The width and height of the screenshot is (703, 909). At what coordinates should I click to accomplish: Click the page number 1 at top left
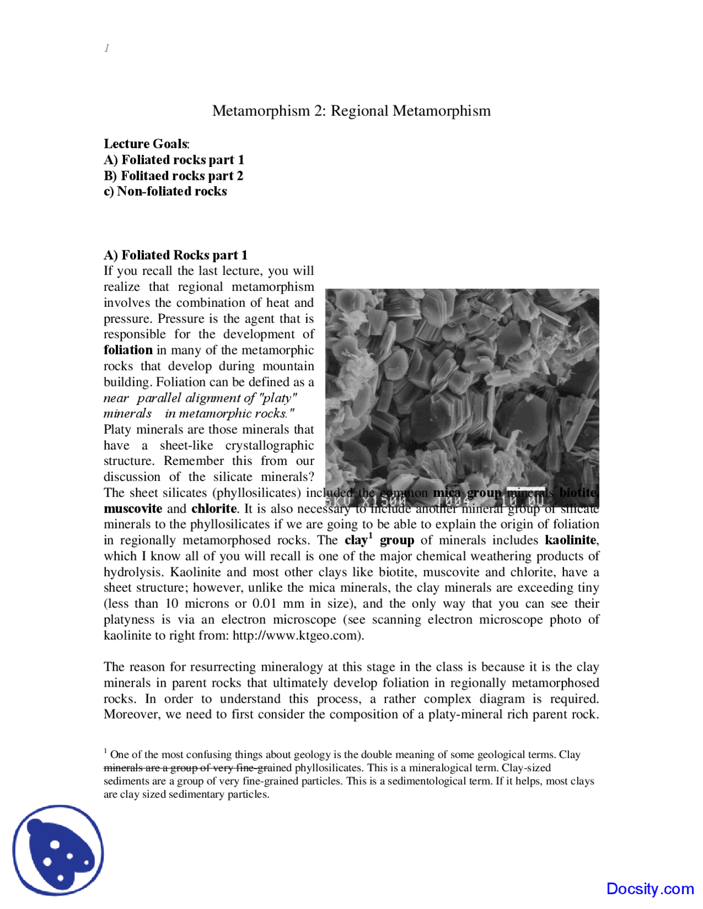pos(107,48)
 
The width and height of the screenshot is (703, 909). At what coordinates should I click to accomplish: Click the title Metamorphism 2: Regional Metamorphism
pos(351,111)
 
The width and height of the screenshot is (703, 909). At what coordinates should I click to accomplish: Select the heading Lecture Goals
pos(146,144)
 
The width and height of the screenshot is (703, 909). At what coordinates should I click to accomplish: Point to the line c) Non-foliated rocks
pos(165,192)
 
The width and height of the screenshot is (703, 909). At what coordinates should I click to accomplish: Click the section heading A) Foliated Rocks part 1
pos(175,255)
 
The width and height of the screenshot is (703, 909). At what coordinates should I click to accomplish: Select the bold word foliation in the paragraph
pos(128,350)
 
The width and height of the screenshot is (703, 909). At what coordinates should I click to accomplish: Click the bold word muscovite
pos(132,509)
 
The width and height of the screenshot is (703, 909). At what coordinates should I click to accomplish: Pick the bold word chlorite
pos(214,509)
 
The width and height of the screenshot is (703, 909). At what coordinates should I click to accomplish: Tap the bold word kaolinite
pos(570,541)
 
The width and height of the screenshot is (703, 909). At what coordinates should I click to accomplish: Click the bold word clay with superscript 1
pos(357,541)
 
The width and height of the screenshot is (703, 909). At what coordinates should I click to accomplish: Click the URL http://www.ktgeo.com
pos(296,636)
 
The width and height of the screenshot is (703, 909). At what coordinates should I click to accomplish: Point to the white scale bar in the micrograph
pos(526,488)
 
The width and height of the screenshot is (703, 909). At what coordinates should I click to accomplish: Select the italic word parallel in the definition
pos(159,398)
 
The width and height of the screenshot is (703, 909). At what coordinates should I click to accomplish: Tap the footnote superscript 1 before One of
pos(105,750)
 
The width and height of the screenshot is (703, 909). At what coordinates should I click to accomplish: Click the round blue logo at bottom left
pos(58,850)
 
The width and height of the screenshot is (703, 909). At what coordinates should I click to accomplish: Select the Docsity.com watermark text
pos(650,889)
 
